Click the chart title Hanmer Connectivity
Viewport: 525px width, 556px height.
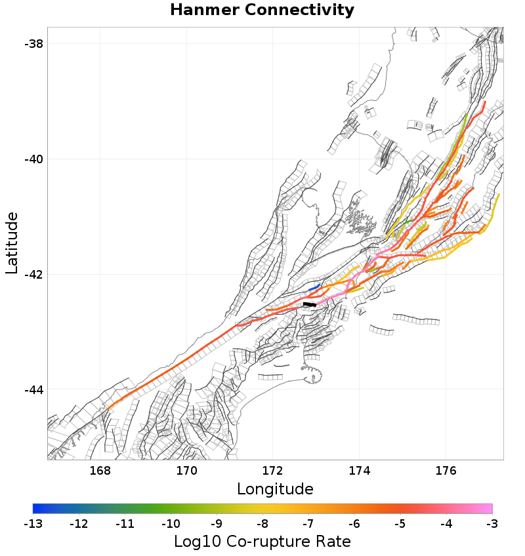(262, 10)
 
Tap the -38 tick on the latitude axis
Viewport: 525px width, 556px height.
(33, 44)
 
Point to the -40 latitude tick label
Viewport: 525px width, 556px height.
(33, 159)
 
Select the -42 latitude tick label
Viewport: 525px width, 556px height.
(33, 274)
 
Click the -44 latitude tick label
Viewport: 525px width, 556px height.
(33, 389)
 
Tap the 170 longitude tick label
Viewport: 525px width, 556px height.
(186, 471)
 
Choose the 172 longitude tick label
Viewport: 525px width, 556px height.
(273, 471)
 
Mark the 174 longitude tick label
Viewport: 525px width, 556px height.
(360, 471)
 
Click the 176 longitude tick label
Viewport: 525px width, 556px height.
(446, 471)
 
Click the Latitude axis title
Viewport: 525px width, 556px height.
(12, 243)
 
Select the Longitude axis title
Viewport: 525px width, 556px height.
(275, 489)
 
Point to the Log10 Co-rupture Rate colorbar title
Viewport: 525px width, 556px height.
(262, 542)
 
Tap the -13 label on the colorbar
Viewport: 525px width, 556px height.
(33, 524)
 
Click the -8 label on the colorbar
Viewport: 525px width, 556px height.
(262, 524)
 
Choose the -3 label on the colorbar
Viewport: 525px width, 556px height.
(492, 524)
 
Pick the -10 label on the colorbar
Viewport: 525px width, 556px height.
(171, 524)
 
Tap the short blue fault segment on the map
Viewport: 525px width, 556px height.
(314, 287)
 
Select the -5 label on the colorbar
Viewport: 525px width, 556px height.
(400, 524)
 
